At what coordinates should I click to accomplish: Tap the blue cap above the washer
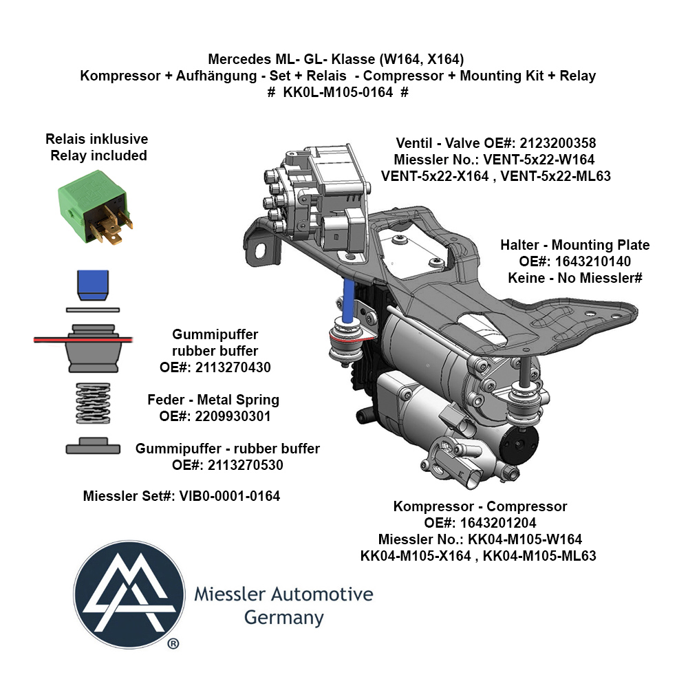click(x=93, y=286)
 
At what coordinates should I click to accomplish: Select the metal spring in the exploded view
click(x=93, y=402)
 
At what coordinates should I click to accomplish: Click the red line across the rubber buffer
click(x=83, y=339)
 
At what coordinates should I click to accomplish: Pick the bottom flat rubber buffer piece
click(x=93, y=446)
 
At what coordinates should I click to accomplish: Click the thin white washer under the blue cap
click(x=93, y=310)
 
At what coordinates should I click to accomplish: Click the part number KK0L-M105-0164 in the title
click(x=338, y=92)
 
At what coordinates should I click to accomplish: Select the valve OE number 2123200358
click(x=558, y=143)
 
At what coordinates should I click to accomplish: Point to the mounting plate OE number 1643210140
click(x=593, y=261)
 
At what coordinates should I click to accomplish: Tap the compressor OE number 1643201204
click(x=498, y=523)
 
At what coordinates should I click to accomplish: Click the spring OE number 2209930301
click(x=233, y=416)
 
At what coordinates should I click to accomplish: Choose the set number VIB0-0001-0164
click(x=230, y=496)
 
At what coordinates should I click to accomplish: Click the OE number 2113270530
click(x=246, y=464)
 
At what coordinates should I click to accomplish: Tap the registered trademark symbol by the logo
click(x=173, y=644)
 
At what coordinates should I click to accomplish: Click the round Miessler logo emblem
click(x=129, y=594)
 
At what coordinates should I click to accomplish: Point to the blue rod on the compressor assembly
click(x=349, y=302)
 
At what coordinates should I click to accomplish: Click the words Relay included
click(x=98, y=155)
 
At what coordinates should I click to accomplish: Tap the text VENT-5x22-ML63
click(x=555, y=176)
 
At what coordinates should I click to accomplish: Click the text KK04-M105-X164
click(x=416, y=555)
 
